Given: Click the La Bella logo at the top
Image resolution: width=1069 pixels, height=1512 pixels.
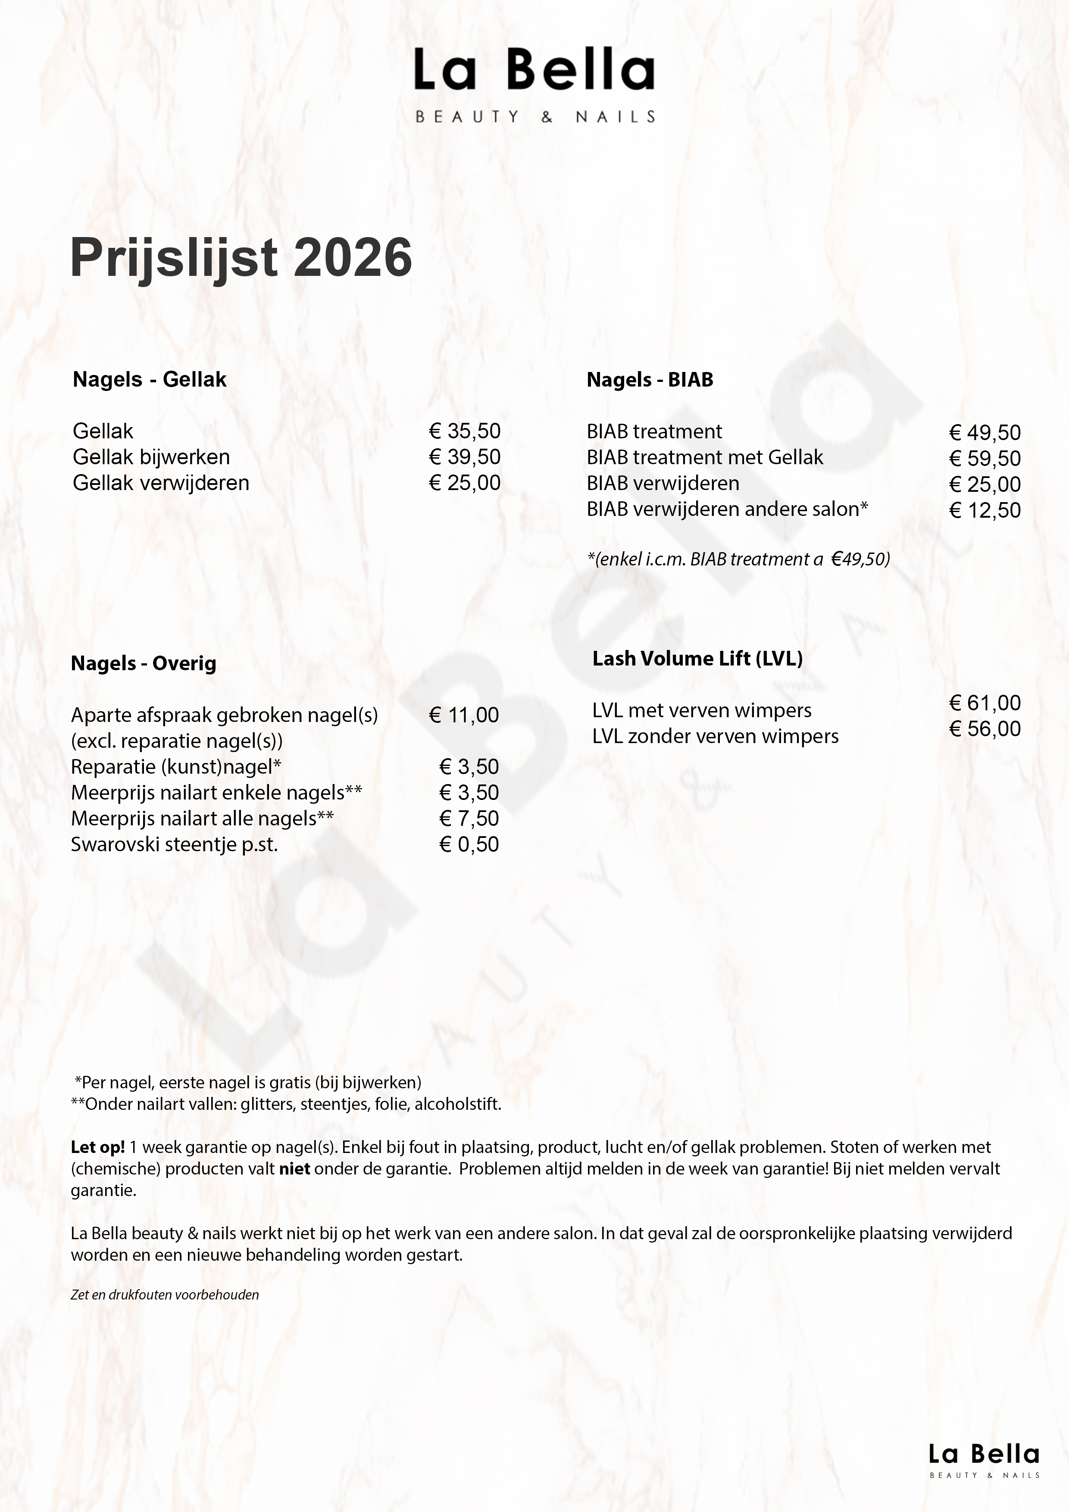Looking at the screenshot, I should click(x=534, y=84).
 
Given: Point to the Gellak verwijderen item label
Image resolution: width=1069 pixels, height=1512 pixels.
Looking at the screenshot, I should click(x=161, y=483).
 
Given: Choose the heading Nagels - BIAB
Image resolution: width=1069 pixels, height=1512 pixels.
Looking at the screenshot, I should click(x=650, y=380).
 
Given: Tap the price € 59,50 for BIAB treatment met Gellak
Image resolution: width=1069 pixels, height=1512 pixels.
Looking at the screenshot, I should click(x=985, y=458).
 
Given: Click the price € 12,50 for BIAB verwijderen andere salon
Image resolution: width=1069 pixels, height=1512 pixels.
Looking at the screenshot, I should click(x=985, y=510).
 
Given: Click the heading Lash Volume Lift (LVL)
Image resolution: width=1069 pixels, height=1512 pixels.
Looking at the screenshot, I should click(x=697, y=659).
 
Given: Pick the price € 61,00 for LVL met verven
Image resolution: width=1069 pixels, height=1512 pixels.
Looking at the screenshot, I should click(x=985, y=703).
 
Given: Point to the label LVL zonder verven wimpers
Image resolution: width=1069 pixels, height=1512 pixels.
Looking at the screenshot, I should click(x=715, y=736).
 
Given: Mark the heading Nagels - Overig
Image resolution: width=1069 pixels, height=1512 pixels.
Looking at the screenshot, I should click(x=144, y=663).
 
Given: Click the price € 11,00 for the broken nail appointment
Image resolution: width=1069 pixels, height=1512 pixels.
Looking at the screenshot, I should click(x=464, y=715).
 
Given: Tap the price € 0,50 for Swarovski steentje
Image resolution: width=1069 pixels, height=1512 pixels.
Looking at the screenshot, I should click(x=469, y=844).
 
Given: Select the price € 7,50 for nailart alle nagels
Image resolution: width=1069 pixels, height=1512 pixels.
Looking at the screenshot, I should click(x=469, y=818).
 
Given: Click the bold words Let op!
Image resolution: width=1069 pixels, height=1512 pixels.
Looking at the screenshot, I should click(x=97, y=1147).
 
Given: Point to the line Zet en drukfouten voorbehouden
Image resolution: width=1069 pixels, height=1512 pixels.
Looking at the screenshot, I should click(x=165, y=1295).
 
